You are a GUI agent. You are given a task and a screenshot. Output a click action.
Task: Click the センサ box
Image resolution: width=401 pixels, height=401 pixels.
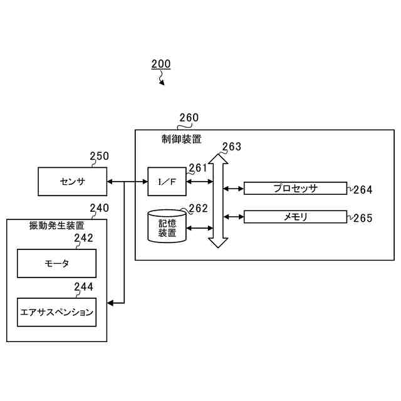(x=72, y=182)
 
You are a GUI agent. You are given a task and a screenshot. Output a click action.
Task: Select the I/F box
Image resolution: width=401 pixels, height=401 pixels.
(x=167, y=182)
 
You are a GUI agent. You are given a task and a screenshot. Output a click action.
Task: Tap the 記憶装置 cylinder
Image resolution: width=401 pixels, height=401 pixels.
(x=167, y=227)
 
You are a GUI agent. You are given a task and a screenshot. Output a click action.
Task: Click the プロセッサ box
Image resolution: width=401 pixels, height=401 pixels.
(x=295, y=188)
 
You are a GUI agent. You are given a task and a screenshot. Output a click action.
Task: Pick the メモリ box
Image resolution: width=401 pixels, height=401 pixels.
(x=295, y=217)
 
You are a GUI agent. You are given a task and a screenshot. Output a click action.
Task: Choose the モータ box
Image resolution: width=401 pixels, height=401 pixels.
(x=56, y=263)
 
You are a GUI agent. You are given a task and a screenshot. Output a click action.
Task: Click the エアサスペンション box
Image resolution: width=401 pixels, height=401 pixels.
(x=56, y=312)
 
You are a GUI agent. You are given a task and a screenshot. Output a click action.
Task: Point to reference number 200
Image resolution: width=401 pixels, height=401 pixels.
(x=160, y=64)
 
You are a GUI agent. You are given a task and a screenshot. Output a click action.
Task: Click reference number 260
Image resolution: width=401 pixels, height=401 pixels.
(x=189, y=118)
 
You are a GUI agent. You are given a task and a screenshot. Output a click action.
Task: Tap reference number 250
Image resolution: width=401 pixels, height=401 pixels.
(x=99, y=157)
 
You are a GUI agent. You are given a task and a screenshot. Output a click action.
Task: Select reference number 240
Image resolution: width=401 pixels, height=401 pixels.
(x=99, y=208)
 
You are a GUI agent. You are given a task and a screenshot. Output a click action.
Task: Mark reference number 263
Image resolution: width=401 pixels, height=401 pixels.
(x=231, y=147)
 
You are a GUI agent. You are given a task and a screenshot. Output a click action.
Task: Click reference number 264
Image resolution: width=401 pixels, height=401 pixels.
(x=363, y=189)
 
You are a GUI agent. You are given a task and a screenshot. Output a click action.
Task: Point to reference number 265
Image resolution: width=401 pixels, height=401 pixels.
(x=363, y=218)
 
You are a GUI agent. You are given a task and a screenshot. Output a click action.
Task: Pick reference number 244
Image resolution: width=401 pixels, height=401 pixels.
(x=83, y=287)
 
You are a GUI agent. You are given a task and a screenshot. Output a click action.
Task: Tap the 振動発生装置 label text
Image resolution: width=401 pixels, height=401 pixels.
(x=56, y=226)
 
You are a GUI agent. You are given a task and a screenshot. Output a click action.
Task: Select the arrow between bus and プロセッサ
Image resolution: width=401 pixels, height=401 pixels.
(x=234, y=188)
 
